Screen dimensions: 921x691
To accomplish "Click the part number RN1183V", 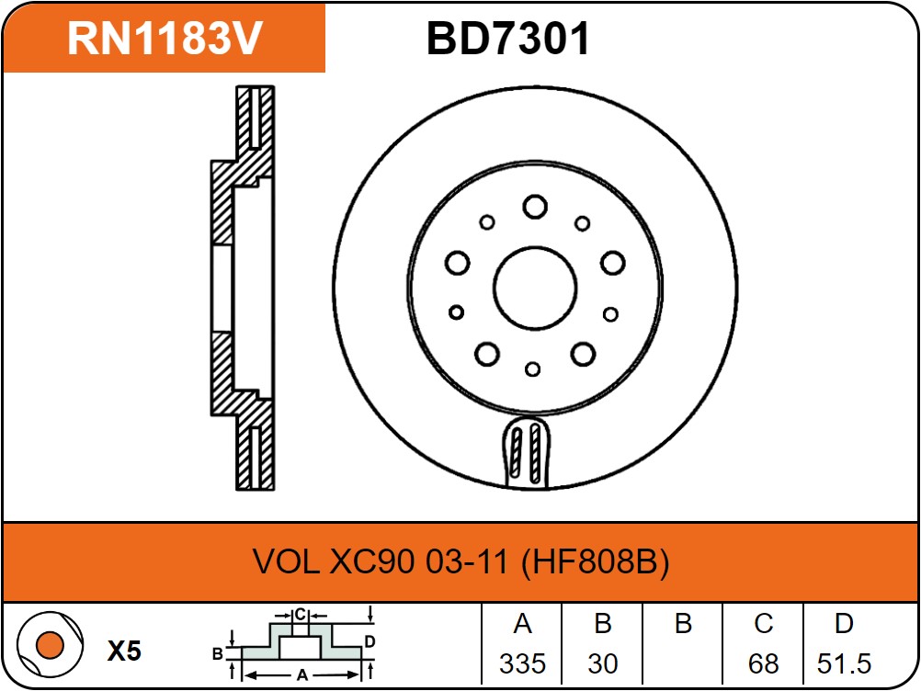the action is (x=165, y=39).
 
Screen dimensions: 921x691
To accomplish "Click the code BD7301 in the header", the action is (x=508, y=39).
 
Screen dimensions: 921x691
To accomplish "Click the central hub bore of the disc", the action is (x=535, y=288).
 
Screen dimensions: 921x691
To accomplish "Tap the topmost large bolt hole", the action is (x=535, y=207).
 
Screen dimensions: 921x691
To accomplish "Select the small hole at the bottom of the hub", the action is (x=533, y=369).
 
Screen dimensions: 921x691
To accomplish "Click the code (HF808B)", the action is (x=595, y=561).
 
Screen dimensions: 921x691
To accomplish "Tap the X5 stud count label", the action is (x=124, y=651).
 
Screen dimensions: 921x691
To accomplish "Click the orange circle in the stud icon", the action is (x=50, y=645).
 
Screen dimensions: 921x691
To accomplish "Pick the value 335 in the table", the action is (x=522, y=664).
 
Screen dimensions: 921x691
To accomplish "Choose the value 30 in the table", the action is (x=603, y=664).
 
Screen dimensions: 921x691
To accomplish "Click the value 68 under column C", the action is (x=763, y=664).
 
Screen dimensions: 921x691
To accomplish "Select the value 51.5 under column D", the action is (x=844, y=664).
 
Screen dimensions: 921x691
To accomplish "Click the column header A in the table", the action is (x=522, y=624).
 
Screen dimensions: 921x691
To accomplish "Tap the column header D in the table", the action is (x=844, y=624).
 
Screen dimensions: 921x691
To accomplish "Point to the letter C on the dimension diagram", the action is (x=301, y=615).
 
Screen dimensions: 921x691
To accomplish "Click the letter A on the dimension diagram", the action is (x=301, y=675).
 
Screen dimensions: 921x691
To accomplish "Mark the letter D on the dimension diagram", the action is (x=370, y=641).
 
